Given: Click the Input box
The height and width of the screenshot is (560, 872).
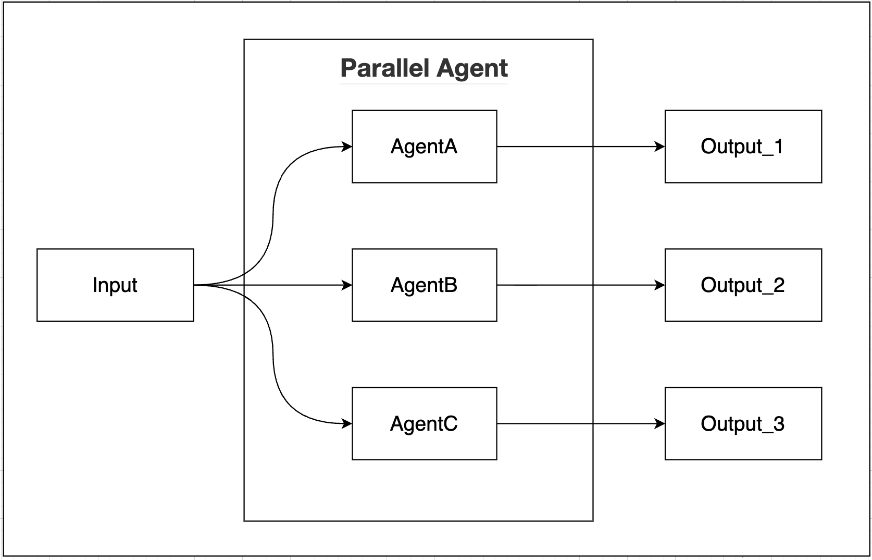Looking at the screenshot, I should pyautogui.click(x=115, y=285).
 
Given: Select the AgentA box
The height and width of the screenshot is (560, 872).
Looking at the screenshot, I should pyautogui.click(x=424, y=147).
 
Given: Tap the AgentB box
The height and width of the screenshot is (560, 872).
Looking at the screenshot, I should pyautogui.click(x=424, y=285).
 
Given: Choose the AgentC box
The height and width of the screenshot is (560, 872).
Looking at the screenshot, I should pyautogui.click(x=424, y=423).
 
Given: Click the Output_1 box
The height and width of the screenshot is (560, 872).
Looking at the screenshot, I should pyautogui.click(x=743, y=147).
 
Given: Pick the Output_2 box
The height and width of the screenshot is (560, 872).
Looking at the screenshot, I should pyautogui.click(x=743, y=285).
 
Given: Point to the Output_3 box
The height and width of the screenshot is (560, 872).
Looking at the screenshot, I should pyautogui.click(x=743, y=423).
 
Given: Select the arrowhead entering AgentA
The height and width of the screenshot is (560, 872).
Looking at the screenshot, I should pyautogui.click(x=347, y=147).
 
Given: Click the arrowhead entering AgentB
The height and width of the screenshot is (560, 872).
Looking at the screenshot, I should pyautogui.click(x=347, y=285).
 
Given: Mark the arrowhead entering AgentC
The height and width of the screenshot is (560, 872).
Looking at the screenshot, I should pyautogui.click(x=347, y=423).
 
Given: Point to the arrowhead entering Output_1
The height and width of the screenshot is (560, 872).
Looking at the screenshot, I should pyautogui.click(x=660, y=147).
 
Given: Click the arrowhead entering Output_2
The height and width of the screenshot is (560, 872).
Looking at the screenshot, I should pyautogui.click(x=660, y=285).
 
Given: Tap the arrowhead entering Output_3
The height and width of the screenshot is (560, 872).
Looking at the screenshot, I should pyautogui.click(x=660, y=423).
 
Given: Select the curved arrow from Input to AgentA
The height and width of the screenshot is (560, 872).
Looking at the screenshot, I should pyautogui.click(x=273, y=219).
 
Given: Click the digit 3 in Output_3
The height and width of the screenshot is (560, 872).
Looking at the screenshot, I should pyautogui.click(x=779, y=423).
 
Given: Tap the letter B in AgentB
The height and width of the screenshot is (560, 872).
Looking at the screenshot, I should pyautogui.click(x=451, y=285).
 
